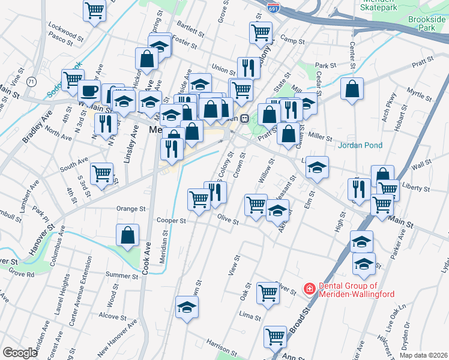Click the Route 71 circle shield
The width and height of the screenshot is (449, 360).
[31, 81]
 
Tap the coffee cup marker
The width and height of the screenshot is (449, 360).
[89, 91]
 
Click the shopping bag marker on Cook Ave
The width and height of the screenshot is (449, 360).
[128, 235]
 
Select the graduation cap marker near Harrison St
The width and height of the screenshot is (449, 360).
[187, 308]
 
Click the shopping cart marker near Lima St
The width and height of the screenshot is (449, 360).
[268, 293]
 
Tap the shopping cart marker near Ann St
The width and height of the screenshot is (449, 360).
[276, 336]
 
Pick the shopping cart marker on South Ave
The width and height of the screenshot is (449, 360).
[101, 173]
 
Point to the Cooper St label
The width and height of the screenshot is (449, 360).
[171, 220]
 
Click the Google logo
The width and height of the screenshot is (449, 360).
[20, 353]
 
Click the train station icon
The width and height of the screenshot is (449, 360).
[245, 119]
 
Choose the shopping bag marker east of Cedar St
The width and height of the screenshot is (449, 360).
[352, 89]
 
